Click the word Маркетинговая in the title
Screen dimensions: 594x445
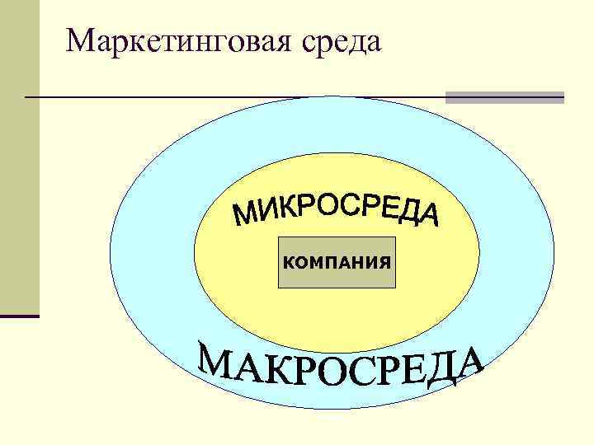pos(177,40)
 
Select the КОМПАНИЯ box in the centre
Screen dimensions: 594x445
pos(337,263)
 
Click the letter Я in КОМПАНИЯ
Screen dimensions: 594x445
pos(383,263)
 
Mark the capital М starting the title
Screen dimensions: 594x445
pos(82,40)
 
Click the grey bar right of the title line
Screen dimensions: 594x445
pos(504,97)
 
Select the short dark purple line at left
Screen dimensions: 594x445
pos(20,316)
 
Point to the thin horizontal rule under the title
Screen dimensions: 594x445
pos(231,97)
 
